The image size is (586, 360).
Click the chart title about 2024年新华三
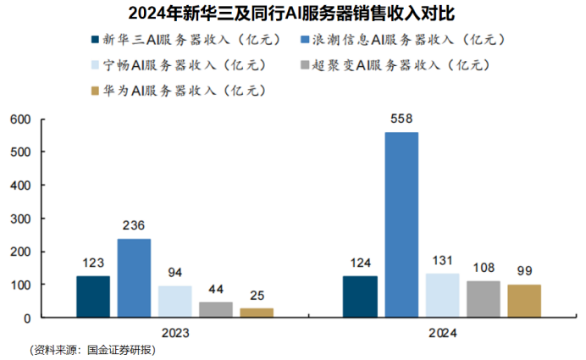tap(293, 14)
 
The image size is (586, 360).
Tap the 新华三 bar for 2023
tap(93, 296)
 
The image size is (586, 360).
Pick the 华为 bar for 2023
tap(257, 313)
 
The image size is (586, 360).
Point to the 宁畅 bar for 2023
tap(174, 302)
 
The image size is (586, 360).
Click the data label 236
tap(134, 226)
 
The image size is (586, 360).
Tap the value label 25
tap(257, 296)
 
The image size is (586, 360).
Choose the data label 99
tap(524, 272)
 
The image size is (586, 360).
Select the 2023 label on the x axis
tap(175, 333)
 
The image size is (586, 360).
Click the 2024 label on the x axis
tap(442, 333)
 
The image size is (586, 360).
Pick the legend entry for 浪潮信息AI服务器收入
tap(399, 40)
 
